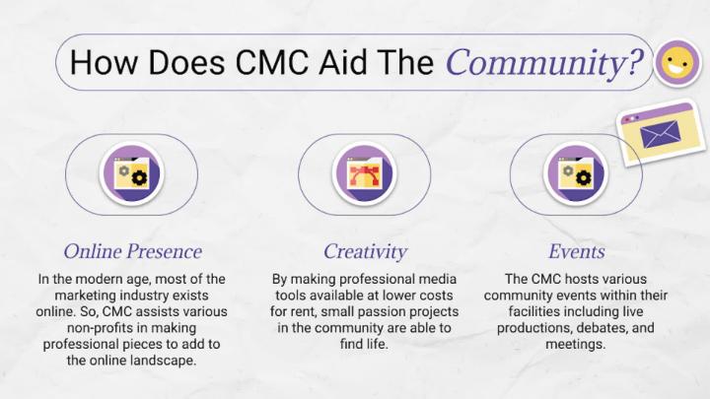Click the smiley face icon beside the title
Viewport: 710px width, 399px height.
pyautogui.click(x=677, y=62)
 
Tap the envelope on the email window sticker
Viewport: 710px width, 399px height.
pyautogui.click(x=660, y=134)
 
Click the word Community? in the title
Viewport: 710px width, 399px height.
pyautogui.click(x=544, y=62)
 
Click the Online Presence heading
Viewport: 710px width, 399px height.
pyautogui.click(x=133, y=251)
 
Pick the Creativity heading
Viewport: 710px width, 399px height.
pyautogui.click(x=365, y=252)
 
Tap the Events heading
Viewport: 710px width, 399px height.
pyautogui.click(x=577, y=251)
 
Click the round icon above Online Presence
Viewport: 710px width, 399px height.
pyautogui.click(x=132, y=173)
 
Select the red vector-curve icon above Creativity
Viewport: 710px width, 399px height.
pyautogui.click(x=364, y=174)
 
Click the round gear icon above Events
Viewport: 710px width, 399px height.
pyautogui.click(x=576, y=173)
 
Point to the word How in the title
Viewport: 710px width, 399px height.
pyautogui.click(x=104, y=62)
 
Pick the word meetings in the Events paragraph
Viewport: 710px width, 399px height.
pyautogui.click(x=575, y=344)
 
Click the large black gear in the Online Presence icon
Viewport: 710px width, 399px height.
pyautogui.click(x=139, y=178)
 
